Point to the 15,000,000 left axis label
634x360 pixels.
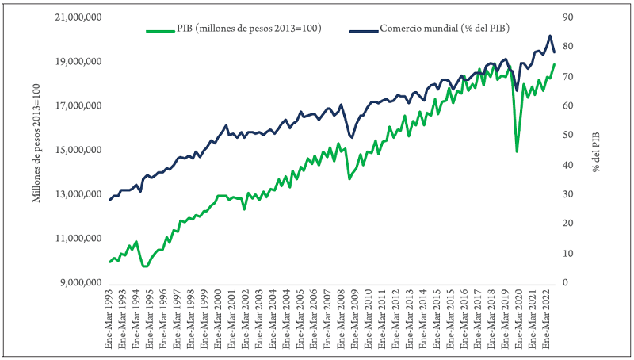click(77, 150)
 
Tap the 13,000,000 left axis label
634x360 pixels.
click(77, 194)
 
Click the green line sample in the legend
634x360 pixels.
click(162, 30)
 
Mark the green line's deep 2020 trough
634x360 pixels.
click(517, 151)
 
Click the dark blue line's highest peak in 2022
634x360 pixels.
click(550, 36)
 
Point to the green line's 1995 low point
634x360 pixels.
click(144, 266)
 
